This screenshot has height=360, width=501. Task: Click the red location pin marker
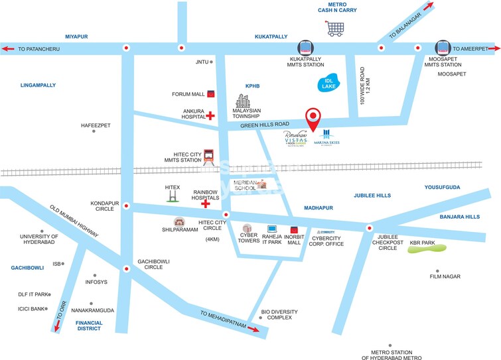click(x=313, y=119)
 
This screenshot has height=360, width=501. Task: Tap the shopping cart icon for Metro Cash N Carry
click(x=335, y=28)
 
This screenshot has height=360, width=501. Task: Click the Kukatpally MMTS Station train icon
click(x=305, y=48)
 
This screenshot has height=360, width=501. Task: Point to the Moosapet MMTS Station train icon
click(x=443, y=48)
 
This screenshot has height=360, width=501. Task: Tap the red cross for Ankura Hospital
click(x=211, y=115)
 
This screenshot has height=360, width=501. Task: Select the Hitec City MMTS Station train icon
click(x=210, y=157)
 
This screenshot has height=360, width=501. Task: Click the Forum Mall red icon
click(x=211, y=94)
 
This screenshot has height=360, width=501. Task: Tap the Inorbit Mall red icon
click(x=294, y=230)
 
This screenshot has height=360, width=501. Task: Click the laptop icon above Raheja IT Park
click(x=271, y=229)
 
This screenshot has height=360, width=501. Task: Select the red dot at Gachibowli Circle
click(x=126, y=269)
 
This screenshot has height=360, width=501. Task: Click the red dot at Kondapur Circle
click(x=126, y=206)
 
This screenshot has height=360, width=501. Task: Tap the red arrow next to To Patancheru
click(x=9, y=48)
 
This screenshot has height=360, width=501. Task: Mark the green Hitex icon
click(x=173, y=194)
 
